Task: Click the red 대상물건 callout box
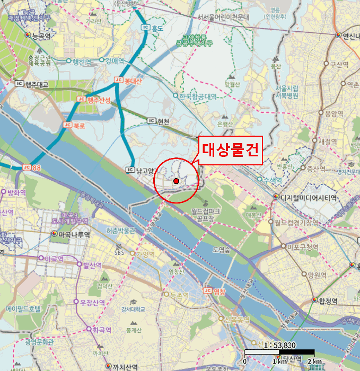229,149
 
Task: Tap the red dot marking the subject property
176,181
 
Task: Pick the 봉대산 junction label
134,81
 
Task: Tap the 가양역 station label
144,253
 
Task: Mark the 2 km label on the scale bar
314,361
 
